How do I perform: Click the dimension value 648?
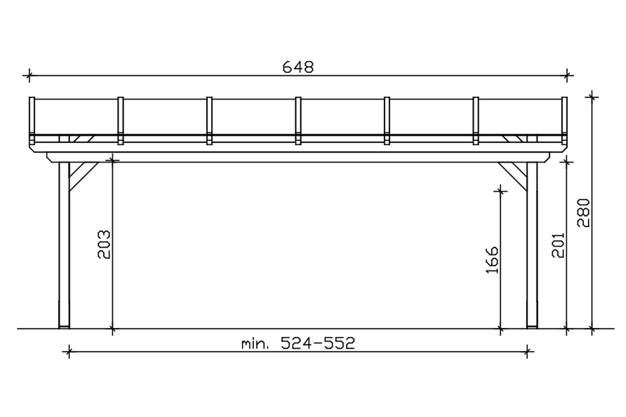tap(298, 67)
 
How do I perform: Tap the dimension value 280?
tap(583, 213)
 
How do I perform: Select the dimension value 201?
tap(558, 245)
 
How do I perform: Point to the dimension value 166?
tap(492, 260)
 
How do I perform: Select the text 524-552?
tap(318, 343)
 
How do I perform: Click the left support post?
tap(64, 245)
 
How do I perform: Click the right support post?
tap(532, 245)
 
